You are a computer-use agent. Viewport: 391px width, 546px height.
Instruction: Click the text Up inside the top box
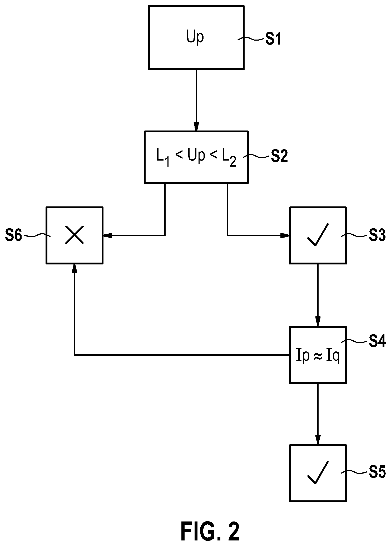point(195,37)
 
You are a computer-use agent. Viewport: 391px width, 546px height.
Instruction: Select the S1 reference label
point(273,40)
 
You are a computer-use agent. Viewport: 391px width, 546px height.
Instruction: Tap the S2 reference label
point(279,157)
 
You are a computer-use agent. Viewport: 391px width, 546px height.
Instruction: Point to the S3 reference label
point(377,235)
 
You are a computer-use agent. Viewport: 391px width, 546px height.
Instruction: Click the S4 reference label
point(377,342)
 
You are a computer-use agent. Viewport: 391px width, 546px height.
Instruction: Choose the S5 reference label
point(377,472)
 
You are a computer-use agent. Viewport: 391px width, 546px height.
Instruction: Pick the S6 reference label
point(14,235)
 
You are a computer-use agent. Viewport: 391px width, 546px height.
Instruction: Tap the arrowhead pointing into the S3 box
point(285,235)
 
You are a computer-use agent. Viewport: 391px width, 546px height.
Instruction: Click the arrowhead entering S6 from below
point(75,268)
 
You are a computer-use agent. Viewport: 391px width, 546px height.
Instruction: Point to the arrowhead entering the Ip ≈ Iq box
point(318,322)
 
